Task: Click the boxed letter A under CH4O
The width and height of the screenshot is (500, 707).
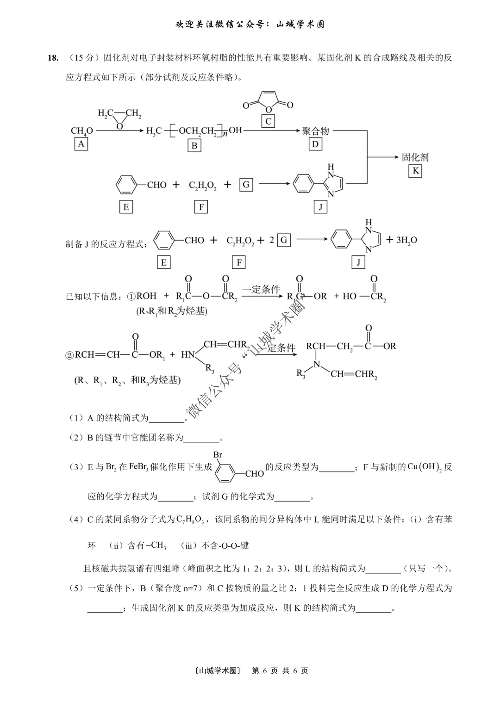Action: (81, 144)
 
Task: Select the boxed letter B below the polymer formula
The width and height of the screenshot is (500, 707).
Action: (194, 145)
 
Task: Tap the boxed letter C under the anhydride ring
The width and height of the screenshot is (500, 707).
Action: (268, 122)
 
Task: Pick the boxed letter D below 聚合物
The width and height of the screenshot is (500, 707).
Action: (315, 144)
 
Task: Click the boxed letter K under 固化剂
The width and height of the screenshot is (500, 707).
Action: (415, 171)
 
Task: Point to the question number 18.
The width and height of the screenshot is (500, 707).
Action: (53, 58)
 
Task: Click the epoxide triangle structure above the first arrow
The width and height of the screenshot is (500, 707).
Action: (119, 118)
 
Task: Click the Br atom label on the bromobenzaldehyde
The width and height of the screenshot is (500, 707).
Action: (218, 455)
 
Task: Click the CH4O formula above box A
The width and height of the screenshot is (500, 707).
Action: (81, 131)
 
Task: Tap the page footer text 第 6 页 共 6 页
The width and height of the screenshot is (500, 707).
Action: (280, 670)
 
